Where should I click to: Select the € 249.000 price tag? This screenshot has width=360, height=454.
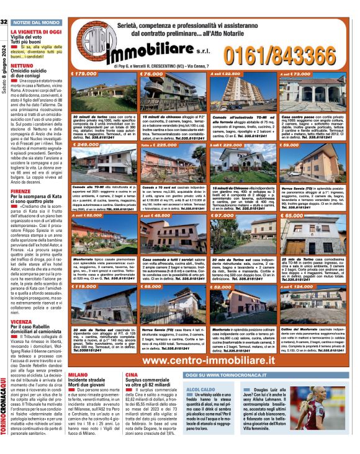pyautogui.click(x=86, y=145)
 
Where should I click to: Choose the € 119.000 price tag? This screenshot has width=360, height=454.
pyautogui.click(x=86, y=287)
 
